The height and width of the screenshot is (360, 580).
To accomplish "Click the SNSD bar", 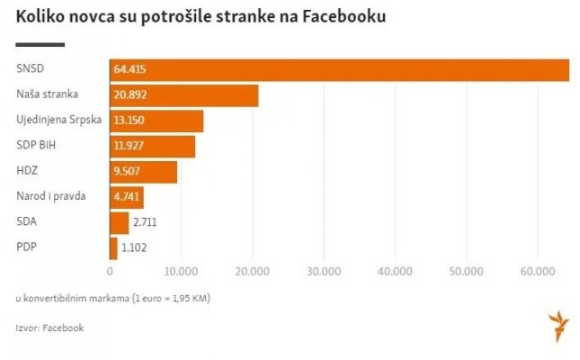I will tap(340, 70).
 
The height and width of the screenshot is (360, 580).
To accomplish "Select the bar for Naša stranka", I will tap(183, 95).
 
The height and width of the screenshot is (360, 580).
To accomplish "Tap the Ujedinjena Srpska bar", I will tap(156, 121).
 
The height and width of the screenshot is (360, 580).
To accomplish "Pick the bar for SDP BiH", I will tap(152, 146).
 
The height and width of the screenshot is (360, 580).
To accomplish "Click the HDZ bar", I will tap(143, 171).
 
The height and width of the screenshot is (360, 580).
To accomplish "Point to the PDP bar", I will tap(113, 247).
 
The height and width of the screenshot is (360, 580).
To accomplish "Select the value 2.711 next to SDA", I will tap(148, 222).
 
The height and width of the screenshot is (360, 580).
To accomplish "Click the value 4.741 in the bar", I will tap(127, 196).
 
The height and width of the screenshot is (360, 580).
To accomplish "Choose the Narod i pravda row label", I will tap(50, 196).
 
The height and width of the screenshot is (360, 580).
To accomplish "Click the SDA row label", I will tap(28, 221).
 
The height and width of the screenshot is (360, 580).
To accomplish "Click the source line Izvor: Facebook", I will tap(49, 328).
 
